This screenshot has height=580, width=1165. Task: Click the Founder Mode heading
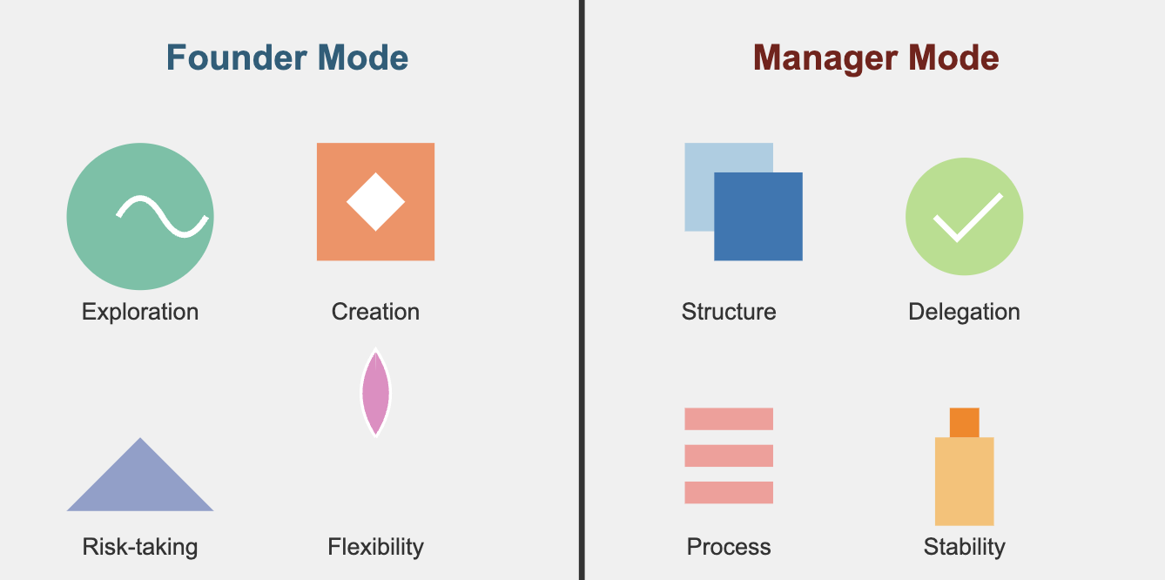[287, 58]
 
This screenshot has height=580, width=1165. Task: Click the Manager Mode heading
[876, 58]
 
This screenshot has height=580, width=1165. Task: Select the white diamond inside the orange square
[375, 201]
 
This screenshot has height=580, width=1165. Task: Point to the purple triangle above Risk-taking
[140, 483]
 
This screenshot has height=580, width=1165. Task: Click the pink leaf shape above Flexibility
[375, 393]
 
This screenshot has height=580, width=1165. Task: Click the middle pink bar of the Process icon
[729, 455]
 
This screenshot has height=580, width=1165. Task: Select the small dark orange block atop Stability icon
[964, 422]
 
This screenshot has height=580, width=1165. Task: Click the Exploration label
[140, 312]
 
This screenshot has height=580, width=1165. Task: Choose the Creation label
[375, 312]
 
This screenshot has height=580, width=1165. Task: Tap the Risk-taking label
[140, 547]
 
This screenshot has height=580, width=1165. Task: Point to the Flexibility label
[375, 547]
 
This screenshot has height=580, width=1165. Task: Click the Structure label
[729, 312]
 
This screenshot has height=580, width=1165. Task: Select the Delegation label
[964, 312]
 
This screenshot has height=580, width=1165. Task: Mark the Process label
[729, 547]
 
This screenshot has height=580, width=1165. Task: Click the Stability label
[964, 547]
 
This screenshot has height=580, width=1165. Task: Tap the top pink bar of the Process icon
[729, 419]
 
